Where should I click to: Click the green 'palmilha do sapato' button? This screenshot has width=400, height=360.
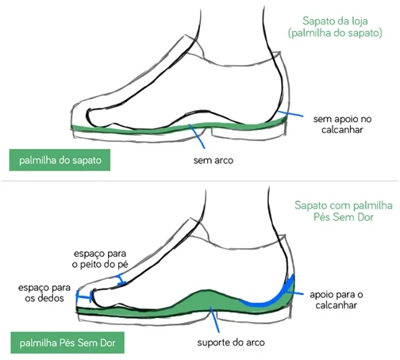tap(60, 160)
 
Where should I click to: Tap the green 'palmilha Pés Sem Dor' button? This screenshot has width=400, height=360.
tap(67, 343)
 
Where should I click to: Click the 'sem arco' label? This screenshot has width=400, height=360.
tap(213, 160)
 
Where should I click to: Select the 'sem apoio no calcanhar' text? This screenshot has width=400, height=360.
tap(342, 124)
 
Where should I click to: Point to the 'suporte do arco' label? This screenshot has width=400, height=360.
tap(231, 343)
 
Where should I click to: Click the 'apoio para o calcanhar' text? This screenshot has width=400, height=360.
tap(337, 300)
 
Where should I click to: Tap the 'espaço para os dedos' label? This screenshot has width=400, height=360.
tap(44, 293)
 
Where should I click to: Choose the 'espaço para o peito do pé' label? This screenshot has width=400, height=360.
tap(100, 259)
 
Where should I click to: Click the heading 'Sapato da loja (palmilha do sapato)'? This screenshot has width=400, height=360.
tap(335, 27)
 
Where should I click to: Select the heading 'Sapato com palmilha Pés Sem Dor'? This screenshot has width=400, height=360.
tap(344, 211)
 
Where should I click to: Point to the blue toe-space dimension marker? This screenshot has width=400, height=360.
tap(84, 297)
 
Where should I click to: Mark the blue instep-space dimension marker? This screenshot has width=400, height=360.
tap(120, 280)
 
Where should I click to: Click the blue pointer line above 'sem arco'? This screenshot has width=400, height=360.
tap(197, 136)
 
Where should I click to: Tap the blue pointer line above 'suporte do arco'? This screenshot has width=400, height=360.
tap(214, 320)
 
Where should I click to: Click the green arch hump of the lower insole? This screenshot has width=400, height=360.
tap(208, 299)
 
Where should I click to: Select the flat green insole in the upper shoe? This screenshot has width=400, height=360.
tap(179, 128)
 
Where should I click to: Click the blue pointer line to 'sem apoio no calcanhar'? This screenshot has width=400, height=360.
tap(290, 114)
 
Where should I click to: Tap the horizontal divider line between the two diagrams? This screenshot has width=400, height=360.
tap(200, 181)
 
